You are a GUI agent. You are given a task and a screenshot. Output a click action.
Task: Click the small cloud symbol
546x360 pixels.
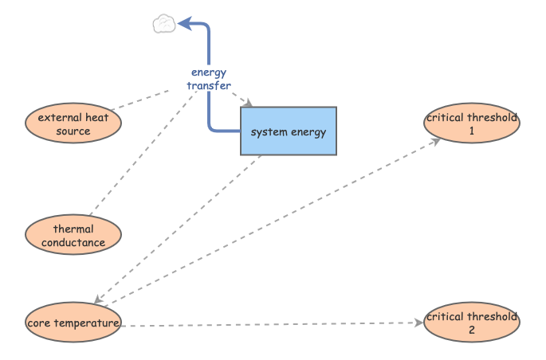(163, 25)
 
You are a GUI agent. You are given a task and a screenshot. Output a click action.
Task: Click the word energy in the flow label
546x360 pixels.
(209, 72)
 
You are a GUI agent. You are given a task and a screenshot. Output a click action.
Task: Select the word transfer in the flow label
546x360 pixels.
(209, 85)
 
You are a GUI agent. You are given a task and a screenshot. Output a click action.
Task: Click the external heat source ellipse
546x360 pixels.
(73, 123)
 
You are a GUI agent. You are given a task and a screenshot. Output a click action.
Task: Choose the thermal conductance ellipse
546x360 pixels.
(73, 236)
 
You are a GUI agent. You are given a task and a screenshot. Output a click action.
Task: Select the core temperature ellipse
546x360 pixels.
(73, 323)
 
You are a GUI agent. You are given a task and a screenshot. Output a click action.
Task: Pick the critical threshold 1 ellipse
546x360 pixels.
(471, 123)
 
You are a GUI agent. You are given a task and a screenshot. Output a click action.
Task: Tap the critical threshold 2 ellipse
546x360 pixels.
(471, 323)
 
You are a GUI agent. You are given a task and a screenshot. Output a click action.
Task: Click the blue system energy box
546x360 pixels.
(289, 131)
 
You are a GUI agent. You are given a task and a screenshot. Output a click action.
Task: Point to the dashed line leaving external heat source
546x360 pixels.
(139, 100)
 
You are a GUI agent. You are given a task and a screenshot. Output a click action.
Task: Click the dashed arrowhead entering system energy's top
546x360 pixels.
(249, 104)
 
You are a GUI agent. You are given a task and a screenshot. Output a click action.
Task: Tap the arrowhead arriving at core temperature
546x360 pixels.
(100, 300)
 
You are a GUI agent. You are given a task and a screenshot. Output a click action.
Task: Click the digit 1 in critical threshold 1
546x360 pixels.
(471, 131)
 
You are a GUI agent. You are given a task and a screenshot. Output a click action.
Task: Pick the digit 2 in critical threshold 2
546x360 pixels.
(471, 330)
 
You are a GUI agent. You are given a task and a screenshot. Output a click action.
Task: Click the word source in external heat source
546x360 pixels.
(73, 131)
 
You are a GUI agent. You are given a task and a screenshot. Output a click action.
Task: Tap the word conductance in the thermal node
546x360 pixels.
(73, 243)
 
